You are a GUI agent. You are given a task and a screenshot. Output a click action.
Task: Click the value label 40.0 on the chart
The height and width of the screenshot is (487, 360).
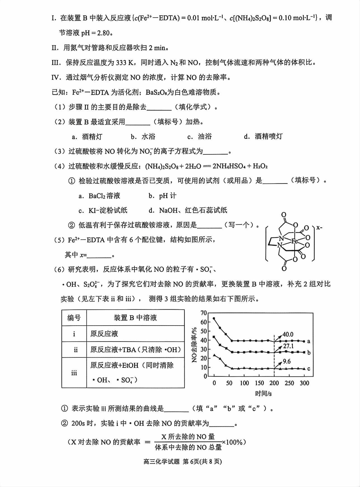point(288,334)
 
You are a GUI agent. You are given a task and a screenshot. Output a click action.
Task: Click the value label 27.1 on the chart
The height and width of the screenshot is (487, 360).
point(288,346)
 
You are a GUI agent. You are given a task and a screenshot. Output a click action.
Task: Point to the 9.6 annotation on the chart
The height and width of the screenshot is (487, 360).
point(287,361)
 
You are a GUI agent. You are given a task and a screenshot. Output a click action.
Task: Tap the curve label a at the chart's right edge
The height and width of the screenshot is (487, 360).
point(309,341)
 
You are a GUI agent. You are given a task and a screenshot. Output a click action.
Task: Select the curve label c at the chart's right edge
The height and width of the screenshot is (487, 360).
point(309,369)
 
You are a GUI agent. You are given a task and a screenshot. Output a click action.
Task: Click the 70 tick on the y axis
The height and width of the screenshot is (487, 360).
point(203,313)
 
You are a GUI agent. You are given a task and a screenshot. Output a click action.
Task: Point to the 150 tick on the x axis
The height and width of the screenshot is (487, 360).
point(259,383)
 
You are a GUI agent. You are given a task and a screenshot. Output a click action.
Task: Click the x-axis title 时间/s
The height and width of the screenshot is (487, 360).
point(263,394)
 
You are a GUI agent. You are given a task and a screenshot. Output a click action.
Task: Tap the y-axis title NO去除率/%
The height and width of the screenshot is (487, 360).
point(195,345)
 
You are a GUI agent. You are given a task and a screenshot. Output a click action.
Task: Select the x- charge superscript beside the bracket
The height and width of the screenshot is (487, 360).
point(319,228)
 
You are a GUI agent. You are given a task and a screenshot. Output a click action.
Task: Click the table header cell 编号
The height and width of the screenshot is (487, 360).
point(74,318)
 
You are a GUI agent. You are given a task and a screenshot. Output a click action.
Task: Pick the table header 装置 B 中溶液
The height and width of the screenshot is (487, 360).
point(135,318)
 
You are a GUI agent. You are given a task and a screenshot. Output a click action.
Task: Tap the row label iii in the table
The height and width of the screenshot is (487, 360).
point(74,373)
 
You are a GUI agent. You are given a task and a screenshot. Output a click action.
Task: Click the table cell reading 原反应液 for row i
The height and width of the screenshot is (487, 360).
point(104,334)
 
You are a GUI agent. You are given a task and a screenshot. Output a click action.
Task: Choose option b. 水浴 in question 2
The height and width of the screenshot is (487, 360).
point(143,137)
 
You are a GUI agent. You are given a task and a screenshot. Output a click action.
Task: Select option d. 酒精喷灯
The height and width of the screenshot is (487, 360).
point(263,137)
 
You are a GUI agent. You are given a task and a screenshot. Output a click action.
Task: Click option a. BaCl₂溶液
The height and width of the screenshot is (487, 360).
point(100,196)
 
